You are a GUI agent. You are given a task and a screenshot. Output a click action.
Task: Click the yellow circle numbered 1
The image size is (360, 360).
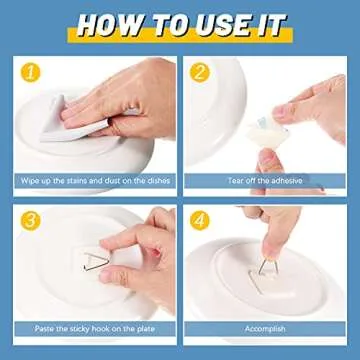[32, 71]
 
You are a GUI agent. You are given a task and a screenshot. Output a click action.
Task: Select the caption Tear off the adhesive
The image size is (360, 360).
[269, 180]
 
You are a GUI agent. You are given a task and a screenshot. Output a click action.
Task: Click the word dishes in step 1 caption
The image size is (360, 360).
[151, 180]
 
